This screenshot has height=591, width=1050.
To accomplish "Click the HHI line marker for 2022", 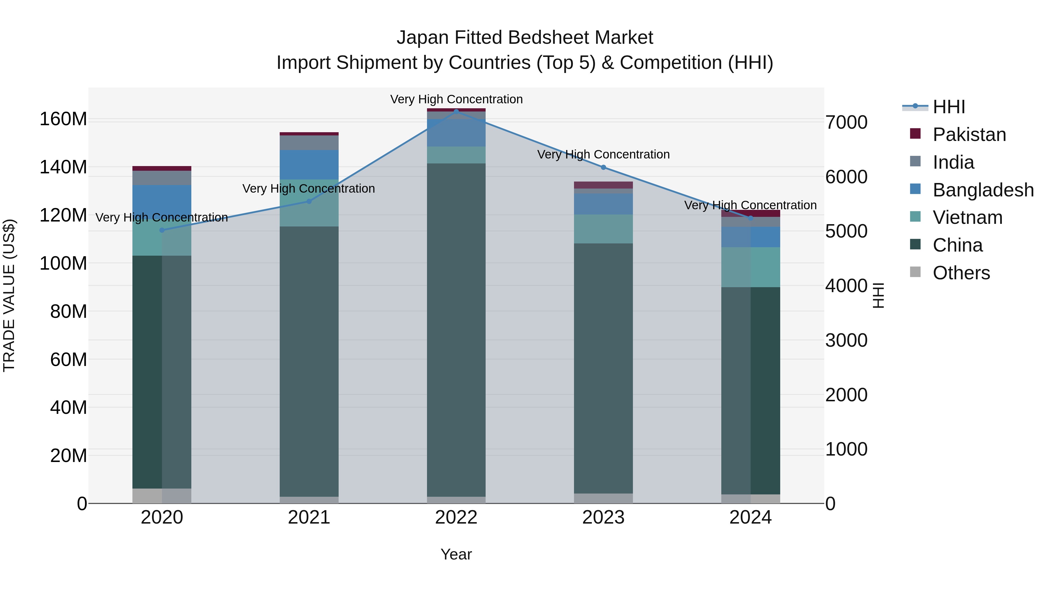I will coord(456,111).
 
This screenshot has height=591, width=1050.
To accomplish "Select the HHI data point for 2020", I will coord(162,230).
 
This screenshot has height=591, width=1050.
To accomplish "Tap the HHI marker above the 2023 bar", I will coord(603,167).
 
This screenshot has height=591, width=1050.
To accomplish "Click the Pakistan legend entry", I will coord(969,135).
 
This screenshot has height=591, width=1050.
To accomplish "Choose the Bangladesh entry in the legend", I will coord(982,190).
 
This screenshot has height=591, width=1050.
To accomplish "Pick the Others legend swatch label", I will coord(961,273).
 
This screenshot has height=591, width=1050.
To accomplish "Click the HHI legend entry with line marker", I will coord(949,107).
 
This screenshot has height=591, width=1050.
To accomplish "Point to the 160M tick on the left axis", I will coord(63,119).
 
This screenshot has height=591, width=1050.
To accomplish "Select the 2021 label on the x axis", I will coord(309,517).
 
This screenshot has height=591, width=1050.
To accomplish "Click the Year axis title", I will coord(456,554).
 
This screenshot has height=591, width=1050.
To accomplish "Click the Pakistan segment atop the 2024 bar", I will coord(750,213).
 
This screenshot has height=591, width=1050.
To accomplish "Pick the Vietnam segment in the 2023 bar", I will coord(603,229).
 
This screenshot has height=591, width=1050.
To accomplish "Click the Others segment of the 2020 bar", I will coord(162,496).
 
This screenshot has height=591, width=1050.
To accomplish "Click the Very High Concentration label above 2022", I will coord(456,99).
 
